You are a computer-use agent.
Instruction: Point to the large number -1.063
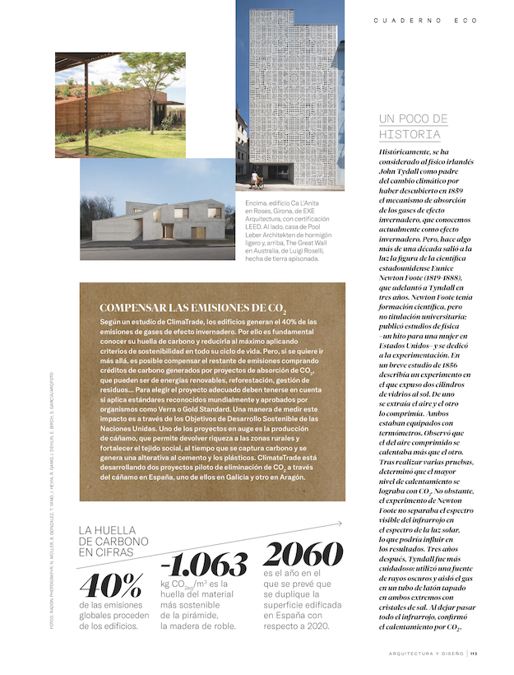point(204,564)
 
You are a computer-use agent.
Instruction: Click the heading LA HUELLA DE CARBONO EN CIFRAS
point(113,542)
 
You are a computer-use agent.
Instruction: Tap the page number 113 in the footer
point(475,654)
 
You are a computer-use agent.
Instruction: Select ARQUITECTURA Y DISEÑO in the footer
point(426,654)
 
